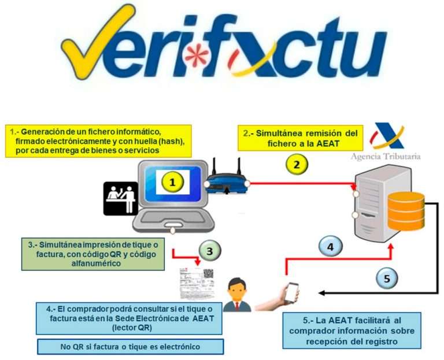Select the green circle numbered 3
[210, 250]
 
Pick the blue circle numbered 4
[330, 247]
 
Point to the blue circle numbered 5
[387, 279]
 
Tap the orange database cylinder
[406, 211]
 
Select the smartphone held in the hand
[291, 292]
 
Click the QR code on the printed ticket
[208, 277]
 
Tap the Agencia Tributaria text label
[386, 156]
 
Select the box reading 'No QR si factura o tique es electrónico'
[130, 347]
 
